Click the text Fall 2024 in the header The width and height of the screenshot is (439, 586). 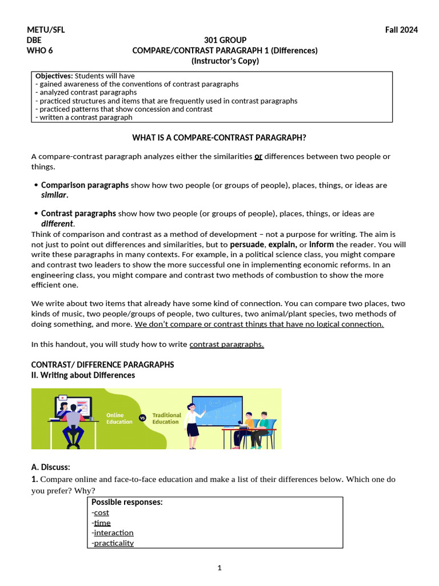point(401,30)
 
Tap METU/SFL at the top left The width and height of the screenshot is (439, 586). point(46,30)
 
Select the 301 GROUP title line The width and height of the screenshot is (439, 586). point(225,40)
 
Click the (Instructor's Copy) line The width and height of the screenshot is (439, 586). point(225,61)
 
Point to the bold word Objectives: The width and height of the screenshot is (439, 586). point(54,76)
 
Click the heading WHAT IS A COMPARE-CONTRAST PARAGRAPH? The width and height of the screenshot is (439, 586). point(219,137)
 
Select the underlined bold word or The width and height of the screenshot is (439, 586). point(258,156)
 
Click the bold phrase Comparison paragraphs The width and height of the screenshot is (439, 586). point(85,185)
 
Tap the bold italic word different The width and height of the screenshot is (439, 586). point(57,224)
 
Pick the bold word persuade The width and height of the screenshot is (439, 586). point(247,244)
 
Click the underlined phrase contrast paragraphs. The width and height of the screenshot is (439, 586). point(226,344)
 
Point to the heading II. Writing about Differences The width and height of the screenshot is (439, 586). point(83,375)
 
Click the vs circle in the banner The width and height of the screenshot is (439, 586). point(142,418)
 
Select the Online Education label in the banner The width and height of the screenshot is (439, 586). point(119,418)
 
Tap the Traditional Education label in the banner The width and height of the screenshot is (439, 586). point(166,418)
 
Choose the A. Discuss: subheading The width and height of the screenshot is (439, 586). point(50,468)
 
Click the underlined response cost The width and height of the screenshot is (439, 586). point(101,513)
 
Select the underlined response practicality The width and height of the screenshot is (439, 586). point(114,543)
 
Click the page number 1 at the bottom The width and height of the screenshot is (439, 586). point(219,568)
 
